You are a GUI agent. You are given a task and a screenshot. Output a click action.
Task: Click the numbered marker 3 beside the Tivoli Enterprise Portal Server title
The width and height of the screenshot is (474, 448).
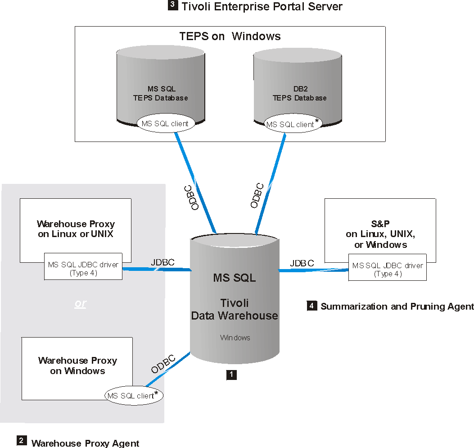pos(173,6)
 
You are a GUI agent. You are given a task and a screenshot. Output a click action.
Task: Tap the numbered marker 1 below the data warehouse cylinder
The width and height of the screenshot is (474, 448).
pos(231,375)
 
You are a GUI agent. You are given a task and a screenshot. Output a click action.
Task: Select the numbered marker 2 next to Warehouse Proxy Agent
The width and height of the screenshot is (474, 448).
pos(22,440)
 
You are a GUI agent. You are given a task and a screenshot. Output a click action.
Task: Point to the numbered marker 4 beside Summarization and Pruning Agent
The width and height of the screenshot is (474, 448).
pos(312,306)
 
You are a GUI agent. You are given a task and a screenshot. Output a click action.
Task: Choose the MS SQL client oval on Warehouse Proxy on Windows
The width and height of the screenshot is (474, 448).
pos(134,396)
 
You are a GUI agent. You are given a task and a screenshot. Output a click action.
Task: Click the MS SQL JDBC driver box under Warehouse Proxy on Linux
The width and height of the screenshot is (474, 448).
pos(83,269)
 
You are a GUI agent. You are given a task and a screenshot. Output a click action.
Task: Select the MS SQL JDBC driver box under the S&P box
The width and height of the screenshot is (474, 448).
pos(388,270)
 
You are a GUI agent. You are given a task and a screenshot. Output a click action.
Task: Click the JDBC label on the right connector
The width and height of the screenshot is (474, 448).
pos(302,263)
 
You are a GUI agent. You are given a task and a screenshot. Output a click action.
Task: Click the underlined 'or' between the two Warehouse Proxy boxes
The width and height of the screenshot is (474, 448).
pos(80,303)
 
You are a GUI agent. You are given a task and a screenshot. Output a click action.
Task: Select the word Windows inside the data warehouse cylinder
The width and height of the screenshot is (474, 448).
pos(235,337)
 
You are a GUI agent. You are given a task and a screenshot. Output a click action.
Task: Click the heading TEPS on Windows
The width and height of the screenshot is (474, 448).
pos(230,37)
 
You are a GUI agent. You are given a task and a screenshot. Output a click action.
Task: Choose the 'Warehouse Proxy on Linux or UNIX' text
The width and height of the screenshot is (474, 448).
pos(76,229)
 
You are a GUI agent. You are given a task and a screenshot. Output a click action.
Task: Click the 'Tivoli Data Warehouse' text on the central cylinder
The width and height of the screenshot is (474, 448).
pos(235,309)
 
